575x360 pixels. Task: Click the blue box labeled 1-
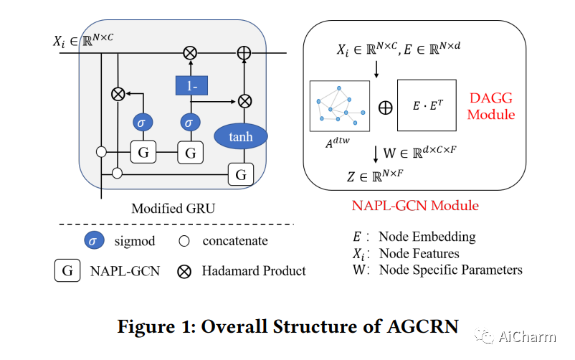[x=190, y=86]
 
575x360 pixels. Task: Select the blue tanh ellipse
[x=241, y=135]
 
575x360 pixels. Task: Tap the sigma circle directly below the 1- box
[x=190, y=123]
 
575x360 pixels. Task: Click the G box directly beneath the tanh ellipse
[x=241, y=174]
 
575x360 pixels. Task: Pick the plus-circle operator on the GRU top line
[x=244, y=52]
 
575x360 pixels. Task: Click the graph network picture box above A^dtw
[x=339, y=106]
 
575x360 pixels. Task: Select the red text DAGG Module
[x=491, y=105]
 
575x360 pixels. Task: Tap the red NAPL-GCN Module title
[x=415, y=206]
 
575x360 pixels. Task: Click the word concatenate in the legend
[x=235, y=241]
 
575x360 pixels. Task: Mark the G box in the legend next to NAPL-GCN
[x=67, y=271]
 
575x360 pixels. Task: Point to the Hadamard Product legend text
[x=254, y=271]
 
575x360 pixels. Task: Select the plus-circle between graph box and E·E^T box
[x=385, y=108]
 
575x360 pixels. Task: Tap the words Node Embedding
[x=427, y=237]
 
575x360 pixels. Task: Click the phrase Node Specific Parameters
[x=450, y=270]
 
